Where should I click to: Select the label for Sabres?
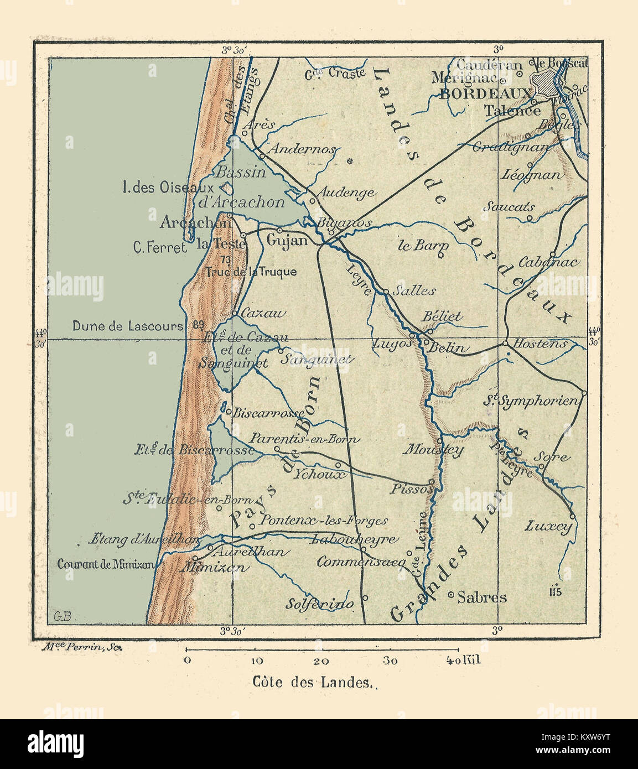(x=483, y=597)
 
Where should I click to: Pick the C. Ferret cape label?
(x=160, y=248)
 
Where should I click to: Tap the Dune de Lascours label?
(x=127, y=326)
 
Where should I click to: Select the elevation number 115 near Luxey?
(x=556, y=591)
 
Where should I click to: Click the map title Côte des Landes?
(x=311, y=682)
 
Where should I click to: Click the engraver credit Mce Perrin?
(x=77, y=647)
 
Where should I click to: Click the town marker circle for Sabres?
(x=451, y=595)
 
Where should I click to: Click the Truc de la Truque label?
(x=251, y=272)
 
